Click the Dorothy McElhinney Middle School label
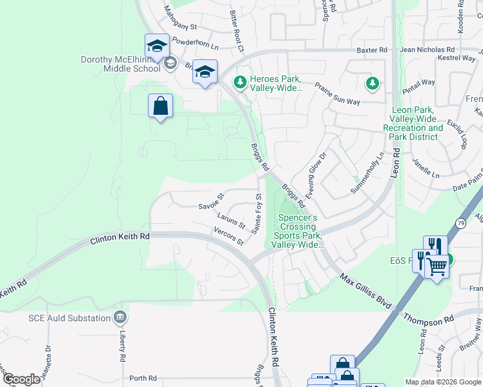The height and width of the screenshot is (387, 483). click(120, 64)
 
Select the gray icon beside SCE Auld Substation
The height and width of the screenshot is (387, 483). click(119, 317)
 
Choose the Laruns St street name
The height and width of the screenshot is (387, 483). click(231, 221)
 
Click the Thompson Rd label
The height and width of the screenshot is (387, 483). click(429, 321)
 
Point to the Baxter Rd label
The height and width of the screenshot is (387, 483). click(372, 50)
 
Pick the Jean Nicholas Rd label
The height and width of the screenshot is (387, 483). click(427, 50)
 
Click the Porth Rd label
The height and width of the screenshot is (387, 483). click(143, 378)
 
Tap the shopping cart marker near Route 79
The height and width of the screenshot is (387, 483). click(437, 266)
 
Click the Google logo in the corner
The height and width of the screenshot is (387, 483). click(21, 379)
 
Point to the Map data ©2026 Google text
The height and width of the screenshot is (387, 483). click(443, 382)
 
